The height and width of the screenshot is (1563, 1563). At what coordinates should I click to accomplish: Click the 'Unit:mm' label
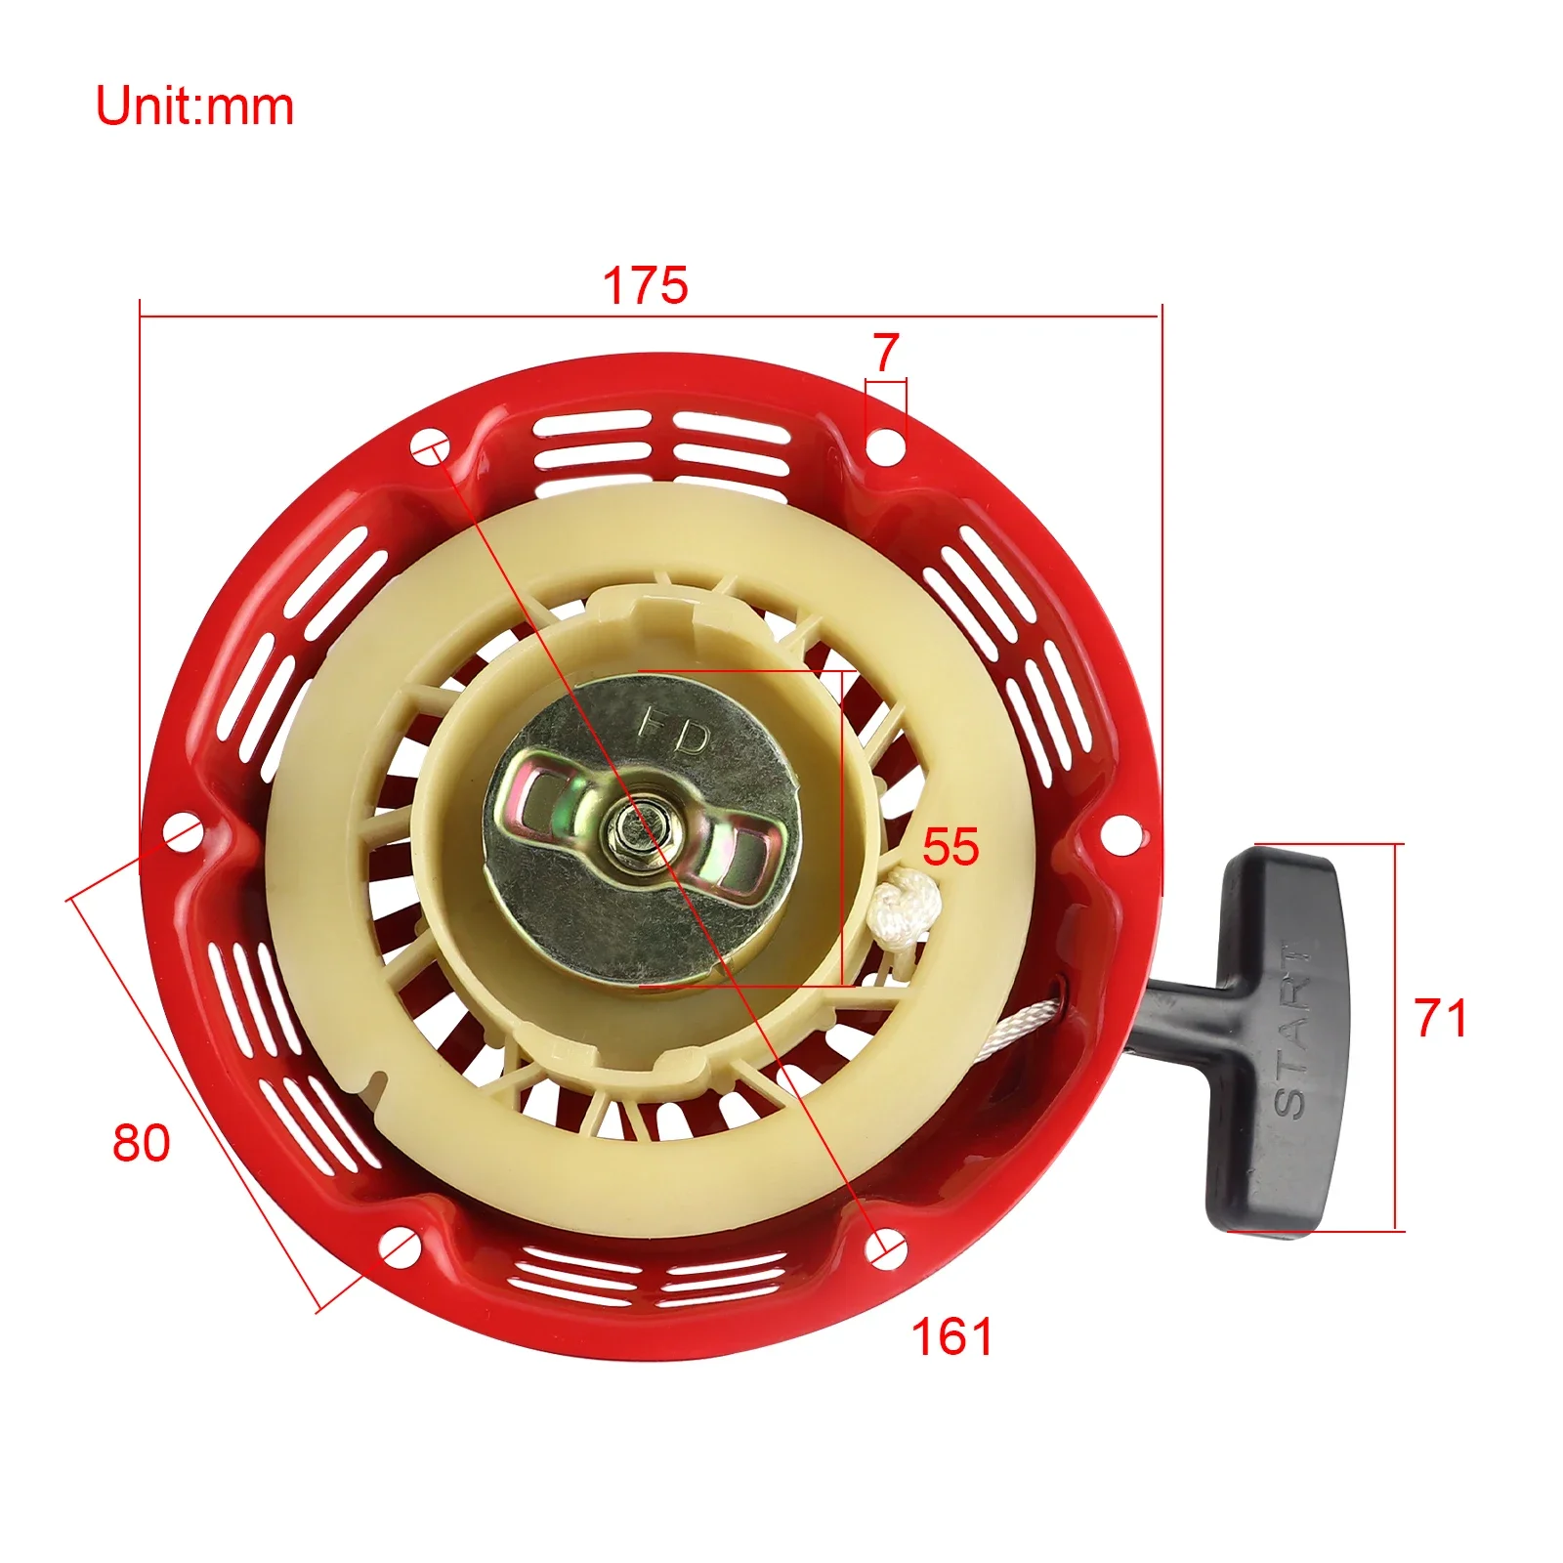coord(194,106)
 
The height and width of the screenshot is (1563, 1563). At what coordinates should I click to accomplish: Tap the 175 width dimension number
coord(645,285)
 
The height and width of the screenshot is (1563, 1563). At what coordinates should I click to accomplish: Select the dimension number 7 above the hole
coord(886,353)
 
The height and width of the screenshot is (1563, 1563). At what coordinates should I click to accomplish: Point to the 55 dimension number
coord(950,847)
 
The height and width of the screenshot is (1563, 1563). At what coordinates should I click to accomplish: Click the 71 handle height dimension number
coord(1441,1018)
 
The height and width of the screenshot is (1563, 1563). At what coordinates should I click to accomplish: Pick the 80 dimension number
coord(142,1143)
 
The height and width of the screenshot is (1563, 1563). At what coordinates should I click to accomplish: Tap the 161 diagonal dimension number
coord(951,1336)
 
